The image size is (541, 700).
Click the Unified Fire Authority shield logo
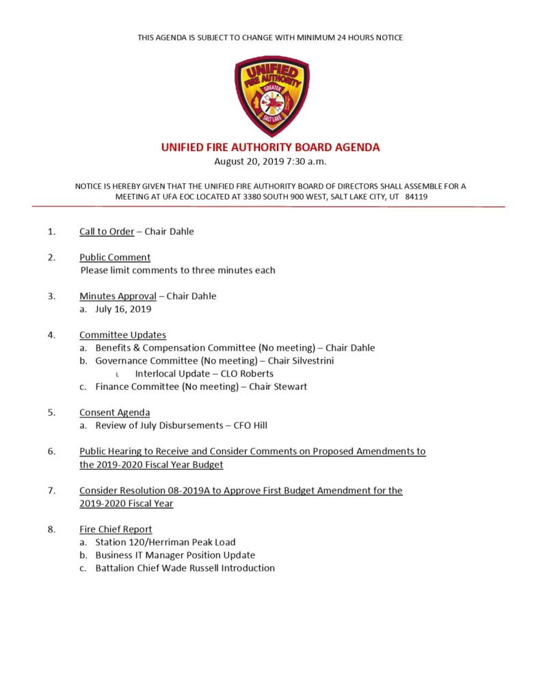[x=271, y=96]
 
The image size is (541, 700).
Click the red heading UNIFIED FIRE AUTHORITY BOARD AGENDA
[x=270, y=147]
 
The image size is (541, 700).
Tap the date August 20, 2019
[x=244, y=161]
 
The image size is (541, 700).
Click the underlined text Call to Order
[x=107, y=231]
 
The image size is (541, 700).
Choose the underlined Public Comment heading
[x=115, y=257]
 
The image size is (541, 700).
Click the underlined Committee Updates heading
[x=122, y=335]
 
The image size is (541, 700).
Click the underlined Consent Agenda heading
[x=115, y=412]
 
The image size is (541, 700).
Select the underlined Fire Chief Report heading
[x=116, y=529]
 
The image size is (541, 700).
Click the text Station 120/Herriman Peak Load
[x=166, y=542]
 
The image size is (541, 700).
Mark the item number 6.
[x=51, y=451]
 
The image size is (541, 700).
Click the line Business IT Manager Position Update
[x=175, y=555]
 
